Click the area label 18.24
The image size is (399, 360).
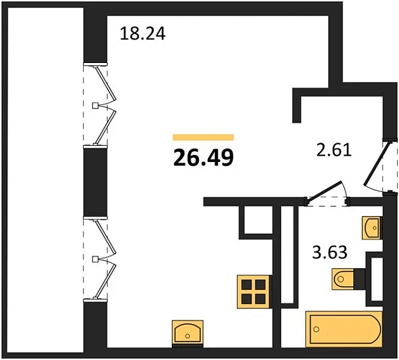click(143, 33)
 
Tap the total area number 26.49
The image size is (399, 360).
click(203, 156)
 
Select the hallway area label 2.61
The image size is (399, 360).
click(333, 152)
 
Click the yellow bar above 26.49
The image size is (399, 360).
click(203, 137)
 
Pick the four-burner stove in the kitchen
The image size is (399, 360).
click(253, 290)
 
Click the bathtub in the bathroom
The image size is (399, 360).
click(344, 329)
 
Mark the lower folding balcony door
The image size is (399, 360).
click(103, 258)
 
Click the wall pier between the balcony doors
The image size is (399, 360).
click(95, 181)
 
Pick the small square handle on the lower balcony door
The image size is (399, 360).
click(96, 258)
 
